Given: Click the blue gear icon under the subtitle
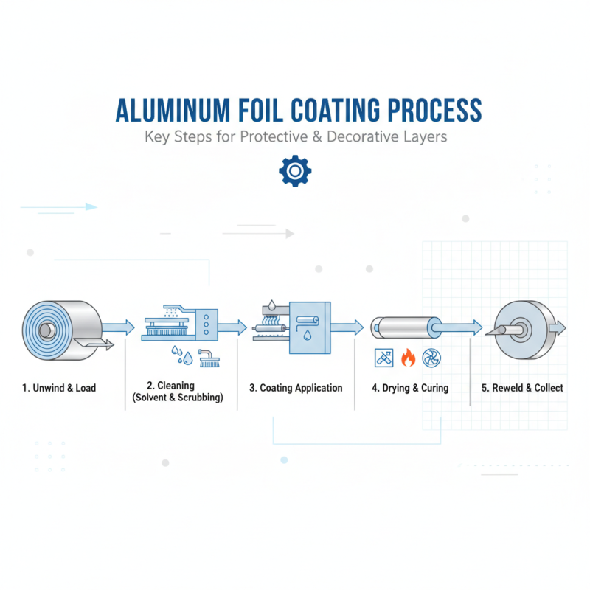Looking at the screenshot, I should [x=295, y=171].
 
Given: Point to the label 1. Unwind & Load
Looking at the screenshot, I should [x=59, y=388].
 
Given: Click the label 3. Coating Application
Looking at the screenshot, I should [x=296, y=388].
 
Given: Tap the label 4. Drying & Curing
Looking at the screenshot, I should [x=410, y=388].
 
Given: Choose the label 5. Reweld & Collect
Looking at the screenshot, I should [x=522, y=388].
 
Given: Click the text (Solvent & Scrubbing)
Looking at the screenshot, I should [x=176, y=398].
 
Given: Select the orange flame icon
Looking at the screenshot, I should [x=408, y=358].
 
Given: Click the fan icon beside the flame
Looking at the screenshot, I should [x=431, y=358].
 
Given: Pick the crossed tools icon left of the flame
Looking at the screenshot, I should [x=383, y=358].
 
